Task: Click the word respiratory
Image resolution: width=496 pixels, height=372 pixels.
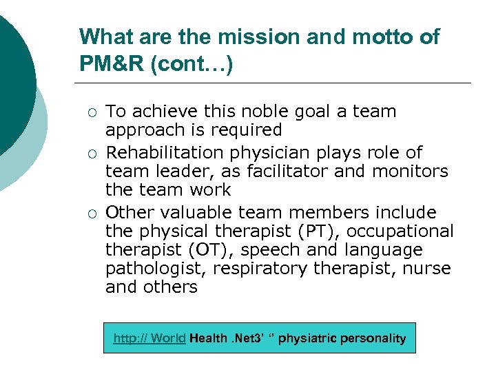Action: [x=260, y=268]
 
